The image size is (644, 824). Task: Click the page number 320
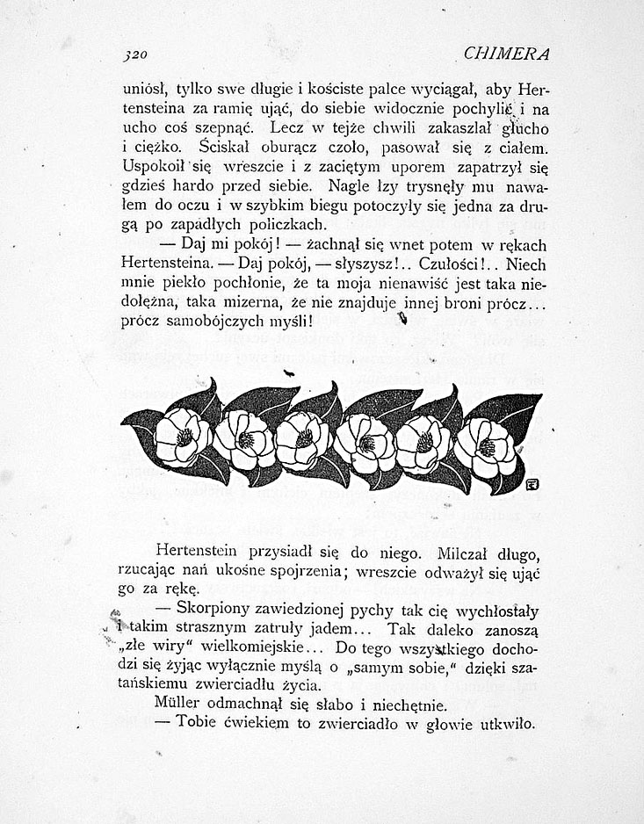pyautogui.click(x=134, y=54)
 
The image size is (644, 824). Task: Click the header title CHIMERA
pyautogui.click(x=505, y=54)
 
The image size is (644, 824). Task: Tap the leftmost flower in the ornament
pyautogui.click(x=183, y=437)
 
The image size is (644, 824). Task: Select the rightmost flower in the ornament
pyautogui.click(x=485, y=445)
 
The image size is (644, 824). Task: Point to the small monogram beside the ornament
pyautogui.click(x=532, y=482)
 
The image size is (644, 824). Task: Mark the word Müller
pyautogui.click(x=179, y=705)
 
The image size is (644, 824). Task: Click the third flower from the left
pyautogui.click(x=303, y=439)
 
